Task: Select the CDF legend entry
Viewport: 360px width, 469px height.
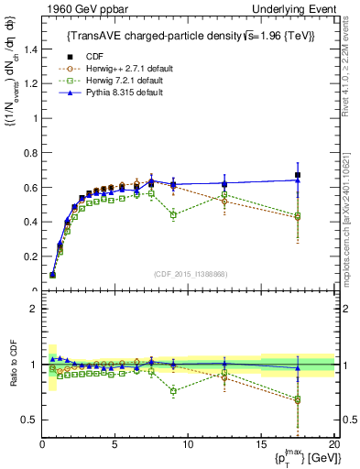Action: tap(92, 57)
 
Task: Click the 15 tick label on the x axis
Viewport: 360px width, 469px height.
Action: tap(261, 444)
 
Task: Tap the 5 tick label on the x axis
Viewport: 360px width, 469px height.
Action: tap(115, 444)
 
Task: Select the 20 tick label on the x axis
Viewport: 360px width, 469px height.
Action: tap(333, 444)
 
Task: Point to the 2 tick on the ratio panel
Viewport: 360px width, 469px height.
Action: tap(34, 309)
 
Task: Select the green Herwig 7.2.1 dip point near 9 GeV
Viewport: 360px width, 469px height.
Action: tap(173, 214)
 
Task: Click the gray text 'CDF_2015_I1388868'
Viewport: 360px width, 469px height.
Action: tap(188, 274)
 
